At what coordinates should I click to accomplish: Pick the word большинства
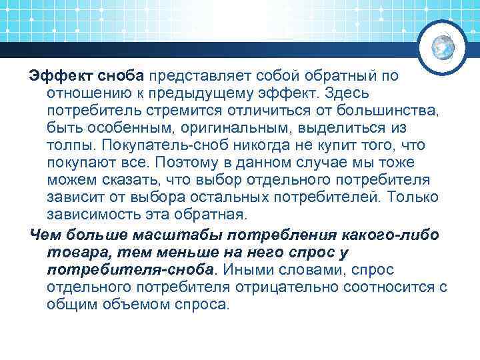click(397, 109)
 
